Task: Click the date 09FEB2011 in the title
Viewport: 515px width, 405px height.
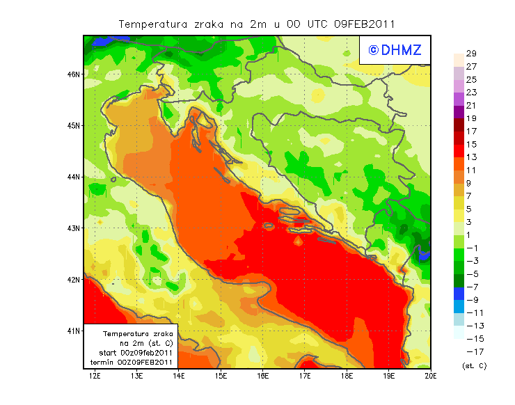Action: (364, 24)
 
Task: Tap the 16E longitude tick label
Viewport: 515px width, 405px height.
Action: (262, 376)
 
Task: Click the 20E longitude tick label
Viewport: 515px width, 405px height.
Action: (430, 376)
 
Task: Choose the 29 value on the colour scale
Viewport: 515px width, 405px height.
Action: (470, 54)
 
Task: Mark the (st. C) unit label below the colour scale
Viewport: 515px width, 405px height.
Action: (474, 365)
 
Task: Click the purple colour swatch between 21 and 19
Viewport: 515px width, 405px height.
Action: (458, 111)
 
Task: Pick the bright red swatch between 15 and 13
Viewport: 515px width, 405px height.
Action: (458, 150)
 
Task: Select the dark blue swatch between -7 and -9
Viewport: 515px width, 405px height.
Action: (458, 293)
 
